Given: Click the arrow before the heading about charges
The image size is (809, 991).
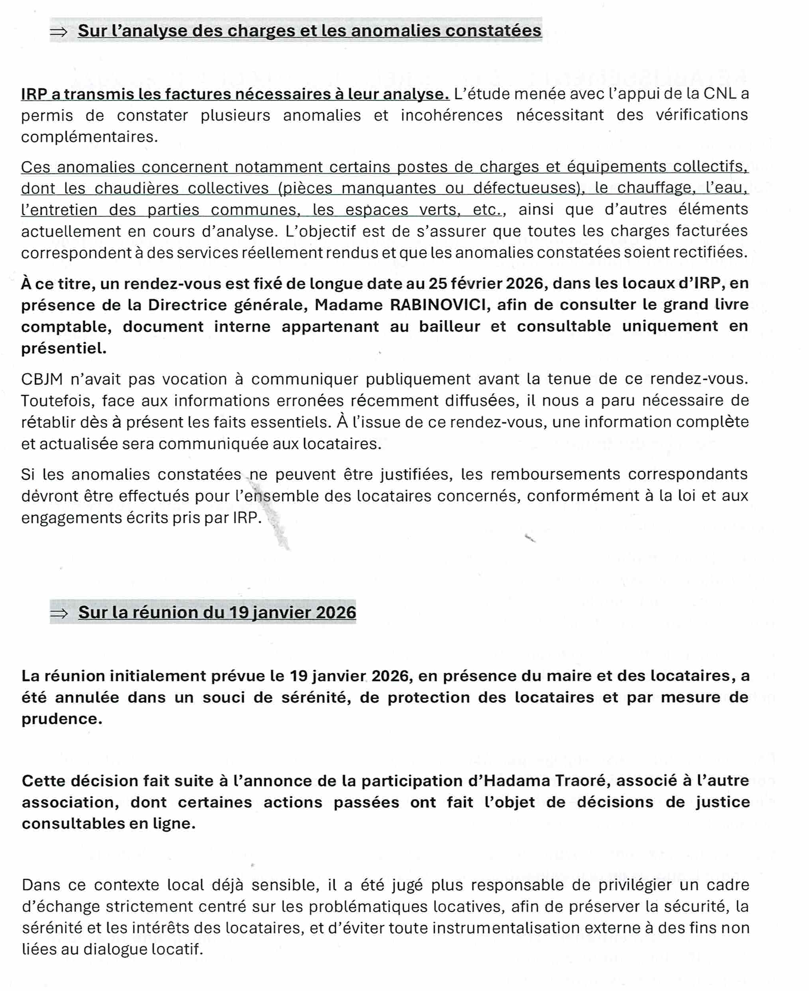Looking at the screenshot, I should click(x=59, y=32).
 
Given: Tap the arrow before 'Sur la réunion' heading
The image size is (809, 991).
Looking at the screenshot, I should click(x=59, y=613).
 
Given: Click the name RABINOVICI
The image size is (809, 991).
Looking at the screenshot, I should click(x=439, y=305).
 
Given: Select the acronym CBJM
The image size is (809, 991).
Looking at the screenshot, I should click(x=42, y=379).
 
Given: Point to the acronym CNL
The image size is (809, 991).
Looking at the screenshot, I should click(x=720, y=94).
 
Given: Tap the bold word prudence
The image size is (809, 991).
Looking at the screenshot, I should click(x=62, y=719).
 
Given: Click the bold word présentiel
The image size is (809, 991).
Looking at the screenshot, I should click(x=64, y=348).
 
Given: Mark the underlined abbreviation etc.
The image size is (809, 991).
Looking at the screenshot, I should click(x=488, y=210).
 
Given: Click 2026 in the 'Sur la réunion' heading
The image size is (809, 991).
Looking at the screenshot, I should click(x=335, y=612).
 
